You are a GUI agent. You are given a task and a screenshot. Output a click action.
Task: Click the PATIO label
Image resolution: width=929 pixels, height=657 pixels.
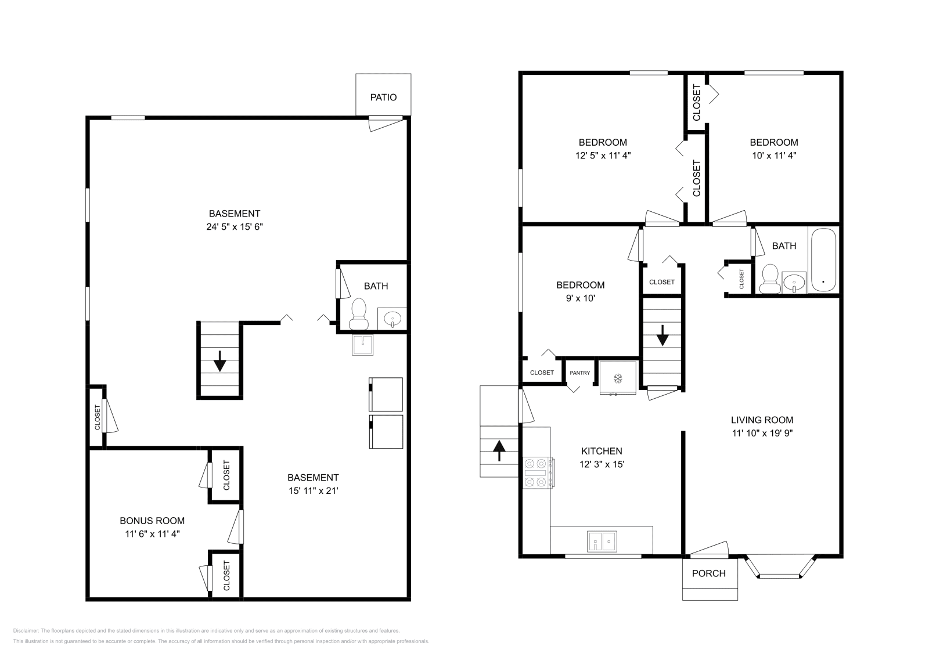point(383,98)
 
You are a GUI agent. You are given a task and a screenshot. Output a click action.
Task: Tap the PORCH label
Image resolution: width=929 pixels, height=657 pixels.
point(708,573)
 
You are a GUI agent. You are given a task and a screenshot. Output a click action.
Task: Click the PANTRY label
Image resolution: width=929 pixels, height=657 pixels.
point(579,373)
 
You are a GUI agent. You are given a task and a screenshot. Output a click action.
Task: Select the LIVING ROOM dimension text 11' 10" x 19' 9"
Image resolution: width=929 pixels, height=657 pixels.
point(762,433)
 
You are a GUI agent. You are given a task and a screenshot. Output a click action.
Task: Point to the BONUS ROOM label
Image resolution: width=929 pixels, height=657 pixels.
point(152,521)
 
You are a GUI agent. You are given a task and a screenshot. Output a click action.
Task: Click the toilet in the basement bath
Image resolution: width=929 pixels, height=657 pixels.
point(359,313)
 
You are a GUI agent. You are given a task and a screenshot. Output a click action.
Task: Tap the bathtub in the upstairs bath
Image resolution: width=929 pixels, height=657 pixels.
point(822,260)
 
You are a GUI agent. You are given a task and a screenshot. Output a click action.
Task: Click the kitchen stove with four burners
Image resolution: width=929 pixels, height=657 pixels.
point(538,472)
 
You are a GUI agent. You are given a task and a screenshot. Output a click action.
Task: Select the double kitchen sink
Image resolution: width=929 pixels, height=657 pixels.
point(602,541)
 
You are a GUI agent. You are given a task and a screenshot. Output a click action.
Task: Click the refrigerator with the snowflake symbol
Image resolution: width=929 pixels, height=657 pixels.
point(618,378)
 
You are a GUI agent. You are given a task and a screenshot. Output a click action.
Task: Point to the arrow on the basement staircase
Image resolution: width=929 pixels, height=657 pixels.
point(219,361)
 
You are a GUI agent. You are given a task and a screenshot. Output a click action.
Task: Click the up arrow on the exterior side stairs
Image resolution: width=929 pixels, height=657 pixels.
point(499,450)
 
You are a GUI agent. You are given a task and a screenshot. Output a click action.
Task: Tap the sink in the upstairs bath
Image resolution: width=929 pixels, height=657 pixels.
point(794,283)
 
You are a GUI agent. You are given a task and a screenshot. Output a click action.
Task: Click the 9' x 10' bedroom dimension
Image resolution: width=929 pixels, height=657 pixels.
point(580,298)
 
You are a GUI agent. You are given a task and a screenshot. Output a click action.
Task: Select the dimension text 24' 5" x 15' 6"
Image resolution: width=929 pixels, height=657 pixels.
point(235,227)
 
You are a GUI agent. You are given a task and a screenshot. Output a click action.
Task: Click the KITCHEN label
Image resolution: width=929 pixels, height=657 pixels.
point(602,451)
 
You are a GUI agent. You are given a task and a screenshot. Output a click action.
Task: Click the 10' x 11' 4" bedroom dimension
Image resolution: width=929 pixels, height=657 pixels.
point(773,156)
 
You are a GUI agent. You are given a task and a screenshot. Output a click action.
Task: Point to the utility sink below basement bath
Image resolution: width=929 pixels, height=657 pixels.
point(362,345)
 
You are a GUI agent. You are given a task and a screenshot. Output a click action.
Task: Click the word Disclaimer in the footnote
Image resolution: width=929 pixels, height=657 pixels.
point(26,630)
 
